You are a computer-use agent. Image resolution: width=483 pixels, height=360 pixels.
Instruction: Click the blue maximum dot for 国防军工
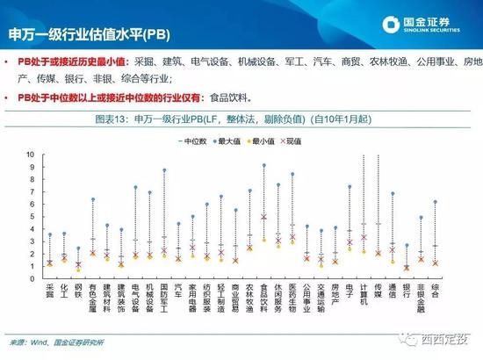(x=164, y=169)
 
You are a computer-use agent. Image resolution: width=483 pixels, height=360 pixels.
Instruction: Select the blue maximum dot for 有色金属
(x=92, y=198)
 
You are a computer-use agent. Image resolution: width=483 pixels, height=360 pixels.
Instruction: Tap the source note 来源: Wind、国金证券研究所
(x=61, y=342)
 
